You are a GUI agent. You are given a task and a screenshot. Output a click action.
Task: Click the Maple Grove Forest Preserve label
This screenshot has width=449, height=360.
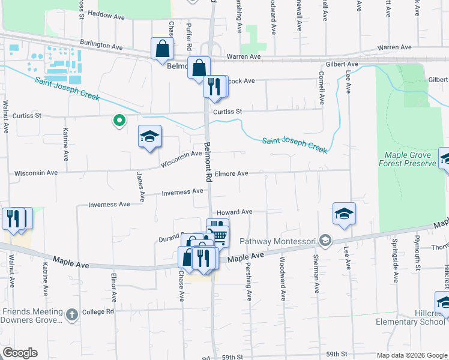click(x=407, y=159)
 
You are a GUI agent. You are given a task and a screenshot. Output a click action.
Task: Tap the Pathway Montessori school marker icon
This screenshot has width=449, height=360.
click(x=325, y=241)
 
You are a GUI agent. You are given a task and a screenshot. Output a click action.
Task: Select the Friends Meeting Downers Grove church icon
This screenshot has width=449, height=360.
click(x=72, y=314)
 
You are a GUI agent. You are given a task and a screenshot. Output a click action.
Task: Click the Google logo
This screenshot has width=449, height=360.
click(x=20, y=353)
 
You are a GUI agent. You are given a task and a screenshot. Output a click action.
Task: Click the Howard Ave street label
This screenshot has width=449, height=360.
click(x=234, y=212)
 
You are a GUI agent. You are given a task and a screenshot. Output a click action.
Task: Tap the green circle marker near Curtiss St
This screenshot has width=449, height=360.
click(x=119, y=121)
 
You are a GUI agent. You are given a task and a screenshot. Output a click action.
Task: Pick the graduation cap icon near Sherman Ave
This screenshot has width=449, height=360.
click(x=345, y=214)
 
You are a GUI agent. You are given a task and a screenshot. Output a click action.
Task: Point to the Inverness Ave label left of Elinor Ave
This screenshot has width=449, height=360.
click(x=109, y=205)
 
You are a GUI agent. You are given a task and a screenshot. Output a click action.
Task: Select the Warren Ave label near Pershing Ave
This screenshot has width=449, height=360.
click(x=243, y=56)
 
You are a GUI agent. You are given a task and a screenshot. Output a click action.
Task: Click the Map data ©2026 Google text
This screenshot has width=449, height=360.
click(x=411, y=355)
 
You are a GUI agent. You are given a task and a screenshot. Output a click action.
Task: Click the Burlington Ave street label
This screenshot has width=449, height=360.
click(x=101, y=46)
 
